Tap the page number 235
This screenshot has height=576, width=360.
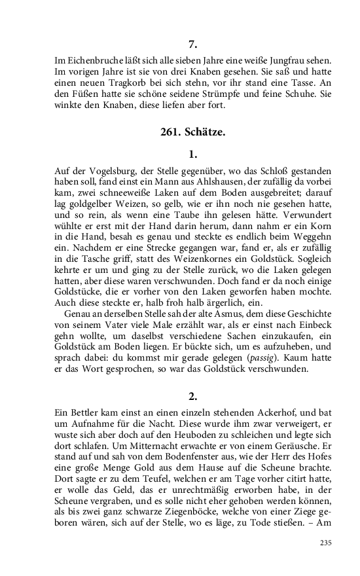325,543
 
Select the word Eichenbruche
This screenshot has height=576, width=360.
88,60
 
